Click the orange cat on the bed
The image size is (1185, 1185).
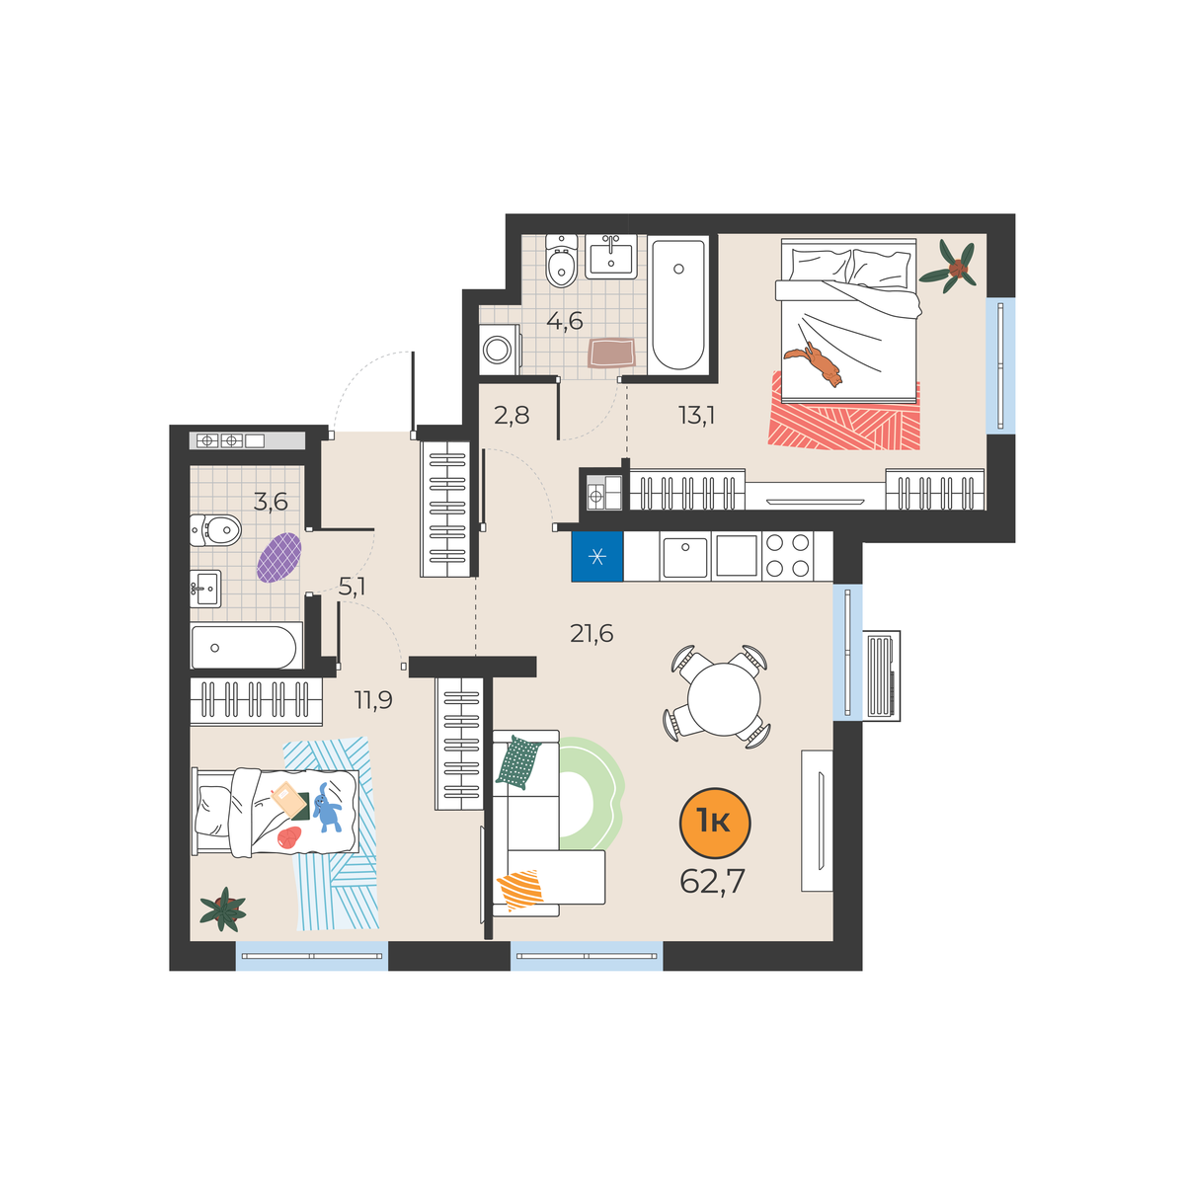coord(815,363)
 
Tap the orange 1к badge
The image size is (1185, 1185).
coord(715,823)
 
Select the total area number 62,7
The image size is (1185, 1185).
coord(712,882)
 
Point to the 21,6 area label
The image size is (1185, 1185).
coord(592,633)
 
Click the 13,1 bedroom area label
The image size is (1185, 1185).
coord(697,416)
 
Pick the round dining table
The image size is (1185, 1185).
coord(724,699)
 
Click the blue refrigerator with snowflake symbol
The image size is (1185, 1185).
coord(597,557)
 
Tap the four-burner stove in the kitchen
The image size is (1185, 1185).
coord(788,556)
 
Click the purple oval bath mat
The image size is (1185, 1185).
coord(279,558)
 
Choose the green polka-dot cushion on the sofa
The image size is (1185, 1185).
coord(518,762)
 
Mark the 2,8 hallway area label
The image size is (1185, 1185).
coord(512,416)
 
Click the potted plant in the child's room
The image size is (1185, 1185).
coord(222,909)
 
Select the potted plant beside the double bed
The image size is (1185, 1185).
coord(949,268)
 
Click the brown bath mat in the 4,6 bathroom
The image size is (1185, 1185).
coord(610,353)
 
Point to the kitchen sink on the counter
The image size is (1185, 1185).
coord(685,556)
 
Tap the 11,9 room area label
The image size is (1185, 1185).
coord(373,700)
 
